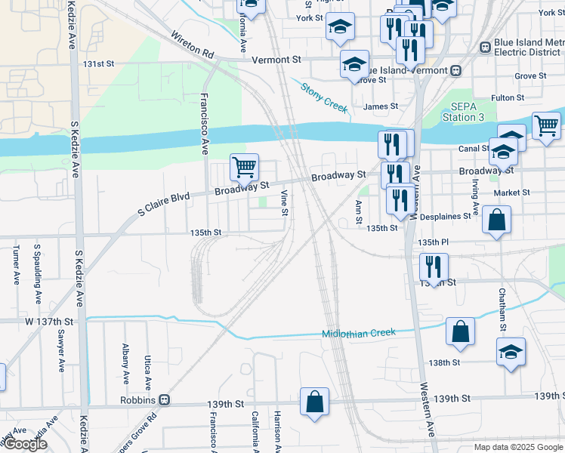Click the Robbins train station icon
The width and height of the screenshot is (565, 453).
[163, 399]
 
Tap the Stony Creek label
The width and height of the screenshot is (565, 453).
[324, 97]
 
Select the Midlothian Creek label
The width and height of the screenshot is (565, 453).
[358, 333]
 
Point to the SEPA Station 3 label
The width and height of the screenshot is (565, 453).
[462, 112]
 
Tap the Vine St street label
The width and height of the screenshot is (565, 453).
[285, 202]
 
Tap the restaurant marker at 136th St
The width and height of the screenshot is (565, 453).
[434, 267]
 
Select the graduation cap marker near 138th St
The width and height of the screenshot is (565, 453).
[511, 351]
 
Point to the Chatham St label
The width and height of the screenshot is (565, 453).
[502, 310]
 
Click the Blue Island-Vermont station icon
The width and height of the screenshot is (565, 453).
[455, 70]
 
